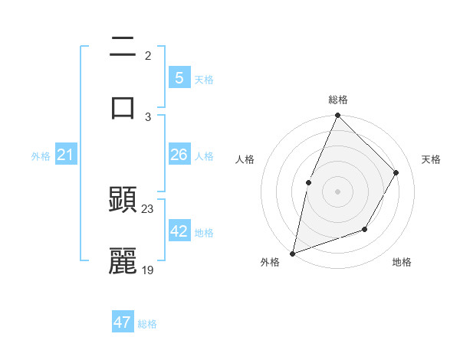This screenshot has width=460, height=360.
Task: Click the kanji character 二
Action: pos(123,48)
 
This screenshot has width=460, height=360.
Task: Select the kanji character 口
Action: pos(123,106)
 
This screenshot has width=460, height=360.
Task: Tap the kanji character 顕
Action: pos(123,201)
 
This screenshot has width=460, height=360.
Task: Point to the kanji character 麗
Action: pos(123,260)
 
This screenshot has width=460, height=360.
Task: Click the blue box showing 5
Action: pos(179,77)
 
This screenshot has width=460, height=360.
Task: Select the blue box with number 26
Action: pos(179,155)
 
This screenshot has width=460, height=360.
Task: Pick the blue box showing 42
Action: pos(179,231)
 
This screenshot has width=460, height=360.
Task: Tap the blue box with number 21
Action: pos(65,155)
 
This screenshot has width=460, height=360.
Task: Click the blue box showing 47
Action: pos(123,322)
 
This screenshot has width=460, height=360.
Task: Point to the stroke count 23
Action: pos(148,209)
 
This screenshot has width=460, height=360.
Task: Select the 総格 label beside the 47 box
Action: pos(147,324)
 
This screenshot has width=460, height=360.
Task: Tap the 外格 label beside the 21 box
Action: pos(41,156)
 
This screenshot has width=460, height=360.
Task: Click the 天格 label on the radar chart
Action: pos(431,159)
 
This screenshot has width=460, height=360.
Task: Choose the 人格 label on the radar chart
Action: pos(245,159)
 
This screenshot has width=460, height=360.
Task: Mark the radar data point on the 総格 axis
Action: pos(337,116)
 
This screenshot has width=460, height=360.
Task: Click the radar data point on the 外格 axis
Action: pos(292,253)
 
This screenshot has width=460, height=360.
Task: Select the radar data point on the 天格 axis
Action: pos(396,172)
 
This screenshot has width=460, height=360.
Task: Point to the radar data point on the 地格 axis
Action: pos(365,229)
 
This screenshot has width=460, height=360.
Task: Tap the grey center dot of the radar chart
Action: pos(337,191)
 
